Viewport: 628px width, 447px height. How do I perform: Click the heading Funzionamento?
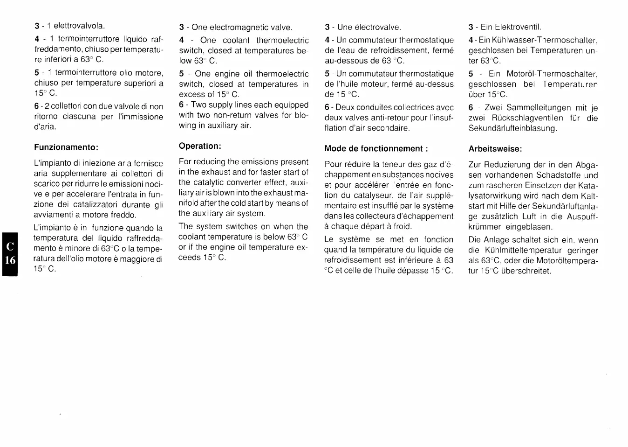tap(66, 147)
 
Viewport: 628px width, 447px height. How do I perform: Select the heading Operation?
tap(200, 146)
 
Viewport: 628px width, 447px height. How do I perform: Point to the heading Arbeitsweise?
tap(495, 149)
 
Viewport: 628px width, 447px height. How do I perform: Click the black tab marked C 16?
tap(10, 254)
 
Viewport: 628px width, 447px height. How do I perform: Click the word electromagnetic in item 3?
tap(242, 28)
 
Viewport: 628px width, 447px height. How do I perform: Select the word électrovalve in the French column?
tap(378, 28)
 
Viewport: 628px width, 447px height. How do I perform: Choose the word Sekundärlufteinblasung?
tap(512, 128)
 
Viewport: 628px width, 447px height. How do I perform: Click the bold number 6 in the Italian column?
tap(36, 106)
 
